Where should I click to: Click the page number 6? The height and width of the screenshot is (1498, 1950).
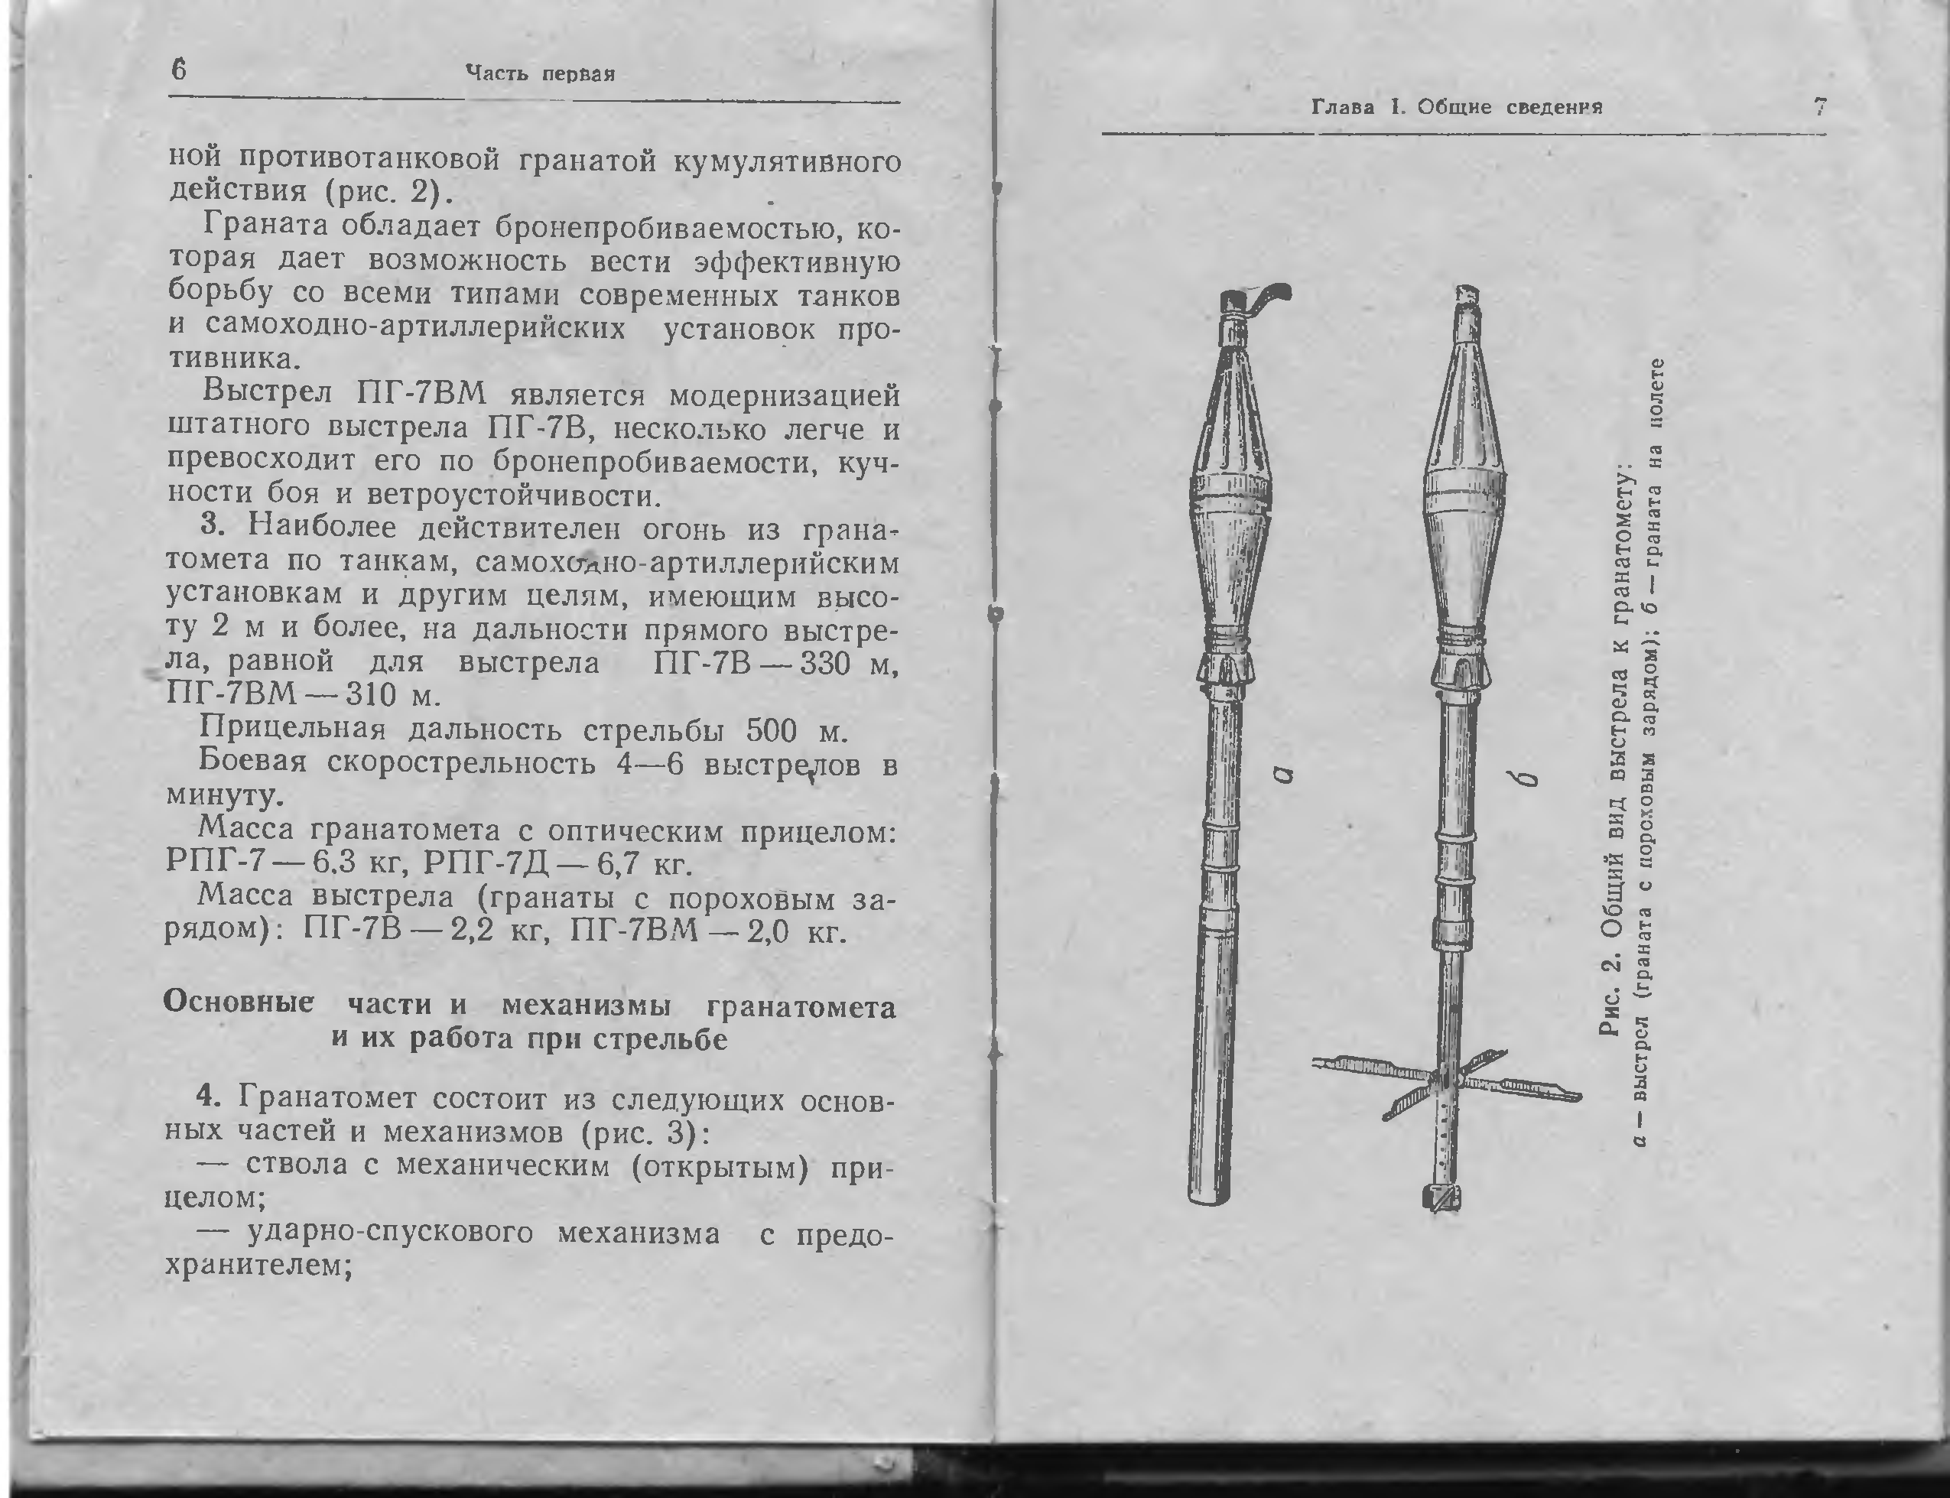pyautogui.click(x=179, y=70)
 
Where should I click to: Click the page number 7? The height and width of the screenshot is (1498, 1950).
pyautogui.click(x=1820, y=108)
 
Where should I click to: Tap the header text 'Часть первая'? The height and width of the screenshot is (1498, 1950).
pyautogui.click(x=541, y=74)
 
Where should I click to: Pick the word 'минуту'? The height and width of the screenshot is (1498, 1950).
pyautogui.click(x=222, y=794)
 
